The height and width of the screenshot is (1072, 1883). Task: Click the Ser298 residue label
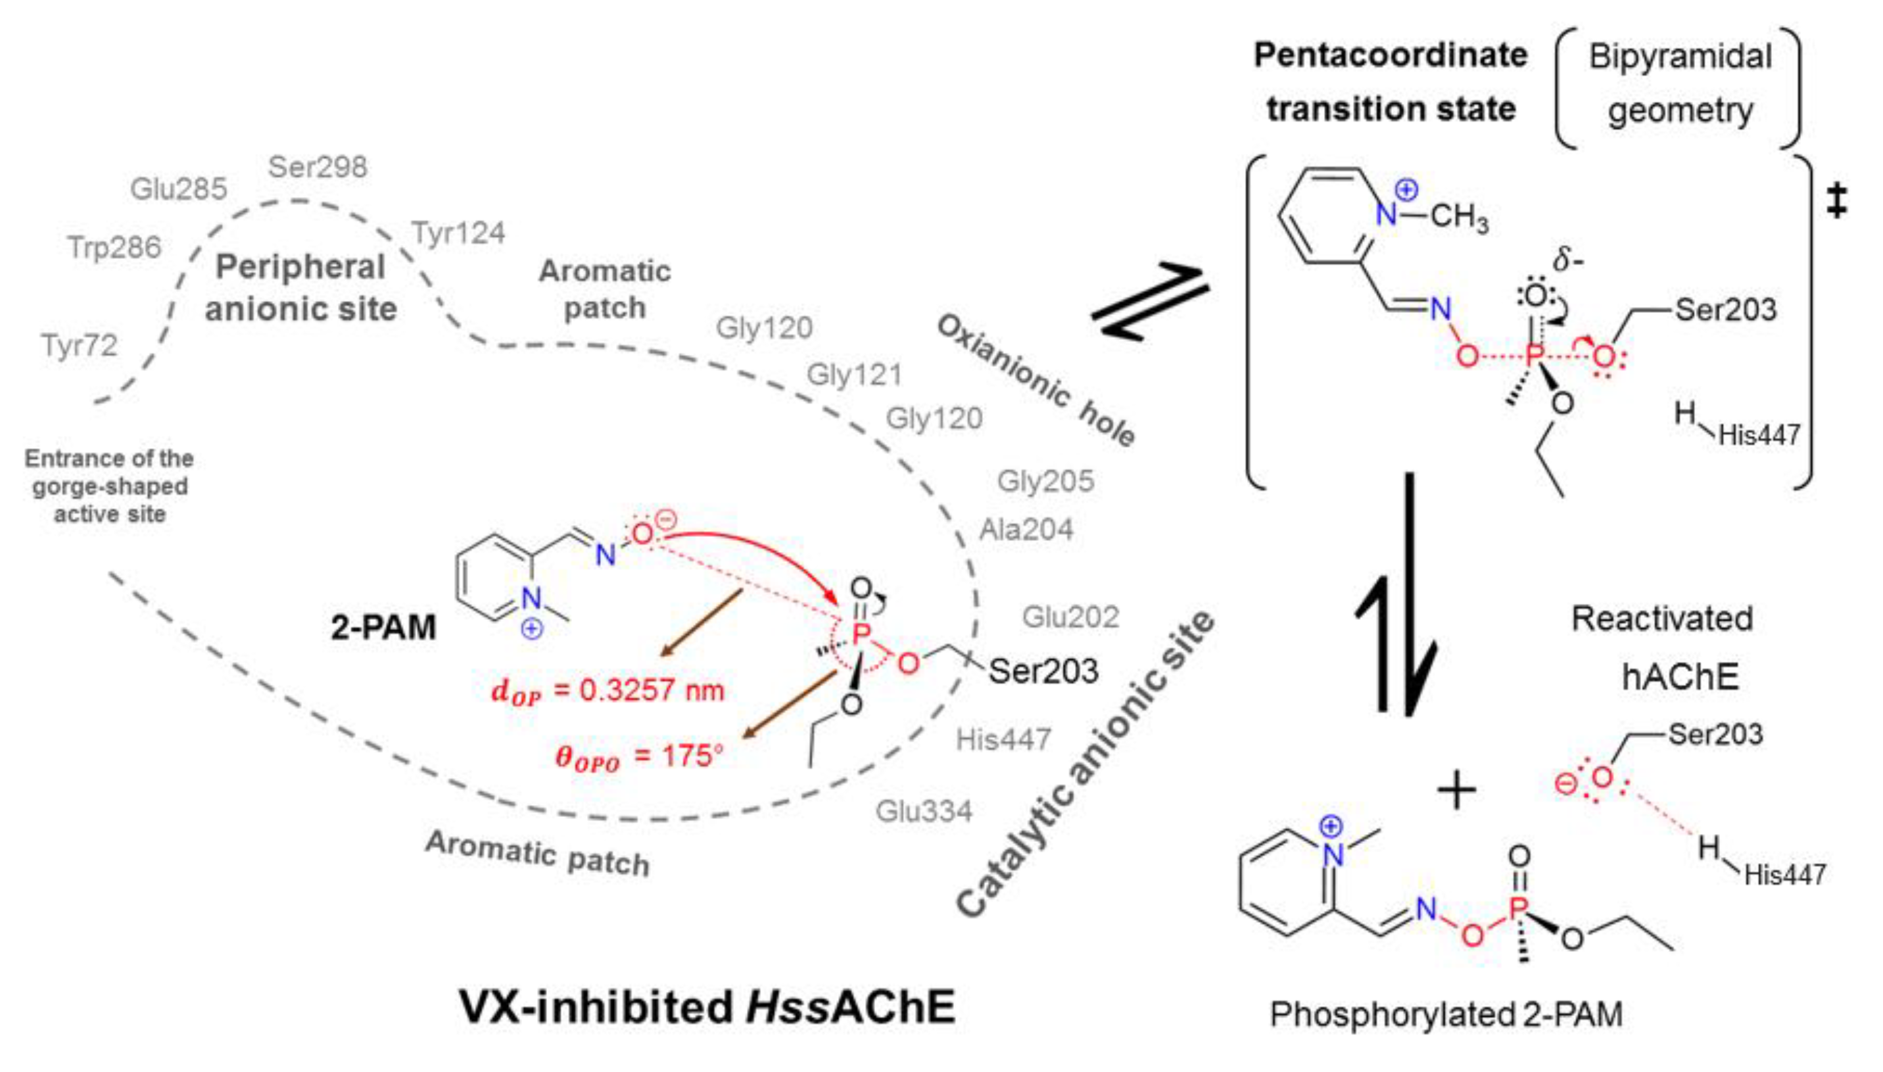[x=318, y=167]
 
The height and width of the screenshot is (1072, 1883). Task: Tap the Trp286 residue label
[x=114, y=247]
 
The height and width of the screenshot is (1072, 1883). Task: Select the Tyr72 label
[x=80, y=344]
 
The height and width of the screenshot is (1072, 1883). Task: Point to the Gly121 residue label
[x=854, y=375]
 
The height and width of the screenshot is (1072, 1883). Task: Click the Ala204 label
[x=1026, y=529]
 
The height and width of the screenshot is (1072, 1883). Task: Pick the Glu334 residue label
[x=924, y=810]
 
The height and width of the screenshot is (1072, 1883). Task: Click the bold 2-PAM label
[x=383, y=627]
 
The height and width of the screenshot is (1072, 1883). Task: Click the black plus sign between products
[x=1456, y=791]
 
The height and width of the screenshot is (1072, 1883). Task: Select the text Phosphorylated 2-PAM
[x=1446, y=1014]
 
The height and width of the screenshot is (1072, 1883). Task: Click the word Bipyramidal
[x=1680, y=57]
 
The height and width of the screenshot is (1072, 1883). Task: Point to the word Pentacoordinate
[x=1391, y=55]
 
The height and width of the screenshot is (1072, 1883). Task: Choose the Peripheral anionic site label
[x=300, y=288]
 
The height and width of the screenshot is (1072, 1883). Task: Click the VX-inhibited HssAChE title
[x=707, y=1006]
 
